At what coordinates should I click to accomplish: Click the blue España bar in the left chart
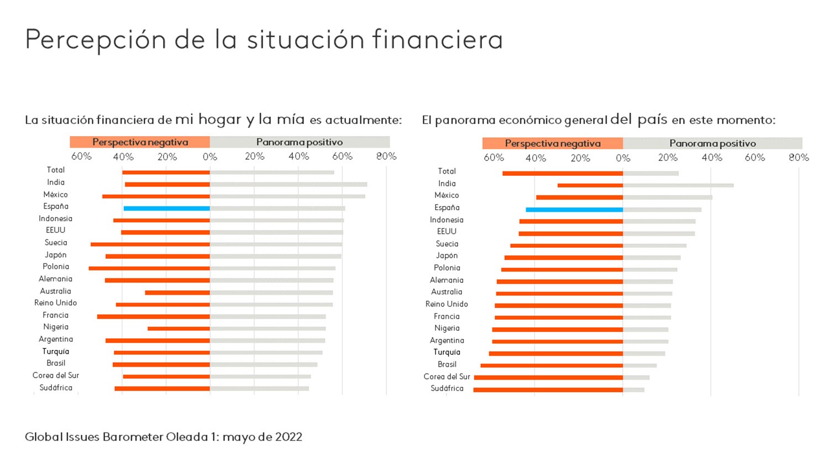[x=166, y=208]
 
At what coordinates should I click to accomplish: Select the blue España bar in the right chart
[x=574, y=210]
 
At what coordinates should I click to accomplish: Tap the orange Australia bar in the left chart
[x=177, y=293]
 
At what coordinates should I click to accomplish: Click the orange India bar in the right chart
[x=590, y=185]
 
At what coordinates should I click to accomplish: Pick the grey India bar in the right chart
[x=678, y=185]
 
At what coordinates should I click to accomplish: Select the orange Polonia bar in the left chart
[x=149, y=268]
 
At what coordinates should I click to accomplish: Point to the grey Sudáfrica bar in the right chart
[x=633, y=390]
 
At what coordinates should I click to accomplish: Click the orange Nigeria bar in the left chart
[x=179, y=329]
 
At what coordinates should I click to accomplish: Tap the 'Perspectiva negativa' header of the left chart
[x=140, y=142]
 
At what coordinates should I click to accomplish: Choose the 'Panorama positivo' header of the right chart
[x=712, y=143]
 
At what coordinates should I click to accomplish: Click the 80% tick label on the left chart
[x=386, y=157]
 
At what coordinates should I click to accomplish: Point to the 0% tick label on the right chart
[x=623, y=158]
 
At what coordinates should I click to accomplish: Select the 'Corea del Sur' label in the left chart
[x=55, y=376]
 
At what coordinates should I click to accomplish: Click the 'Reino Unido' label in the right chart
[x=447, y=304]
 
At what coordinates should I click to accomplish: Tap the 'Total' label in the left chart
[x=55, y=170]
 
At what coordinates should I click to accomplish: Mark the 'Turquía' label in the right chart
[x=447, y=352]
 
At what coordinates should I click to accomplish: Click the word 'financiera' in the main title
[x=437, y=40]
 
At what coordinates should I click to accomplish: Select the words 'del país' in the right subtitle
[x=638, y=119]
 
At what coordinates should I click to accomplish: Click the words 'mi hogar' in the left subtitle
[x=208, y=119]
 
